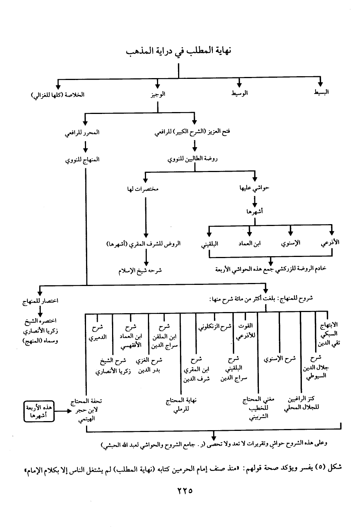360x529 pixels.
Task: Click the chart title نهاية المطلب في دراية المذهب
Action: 178,51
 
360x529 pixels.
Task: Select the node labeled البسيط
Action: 321,92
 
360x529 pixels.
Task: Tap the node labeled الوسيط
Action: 240,93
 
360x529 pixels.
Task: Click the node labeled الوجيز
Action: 158,94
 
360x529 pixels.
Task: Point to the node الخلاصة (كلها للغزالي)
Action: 58,94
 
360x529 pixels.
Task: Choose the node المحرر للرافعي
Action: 82,132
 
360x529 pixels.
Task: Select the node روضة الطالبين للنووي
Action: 192,159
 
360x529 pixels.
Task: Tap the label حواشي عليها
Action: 254,188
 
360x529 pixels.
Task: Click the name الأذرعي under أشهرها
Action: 330,243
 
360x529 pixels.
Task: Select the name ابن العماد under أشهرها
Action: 249,243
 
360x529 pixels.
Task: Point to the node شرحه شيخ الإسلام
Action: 140,270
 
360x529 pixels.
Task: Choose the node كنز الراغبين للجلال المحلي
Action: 301,403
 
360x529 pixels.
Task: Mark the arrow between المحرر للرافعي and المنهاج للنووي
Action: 86,146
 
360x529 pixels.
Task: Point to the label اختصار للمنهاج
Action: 40,301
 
